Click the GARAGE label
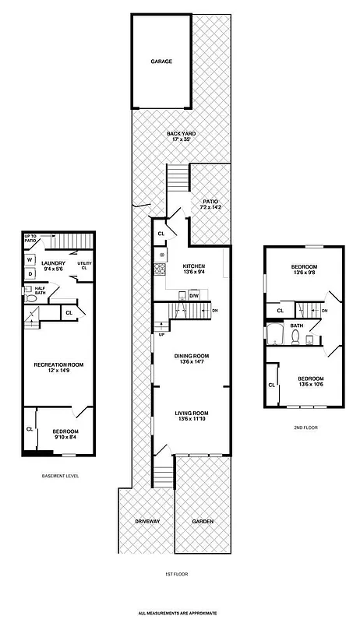tap(161, 61)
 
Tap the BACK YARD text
tap(181, 133)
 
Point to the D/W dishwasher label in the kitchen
tap(194, 295)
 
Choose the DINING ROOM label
tap(190, 356)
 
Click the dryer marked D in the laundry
tap(30, 274)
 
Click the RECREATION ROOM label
tap(58, 364)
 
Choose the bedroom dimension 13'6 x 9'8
tap(304, 273)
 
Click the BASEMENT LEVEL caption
tap(59, 475)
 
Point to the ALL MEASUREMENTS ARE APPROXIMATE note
tap(177, 613)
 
